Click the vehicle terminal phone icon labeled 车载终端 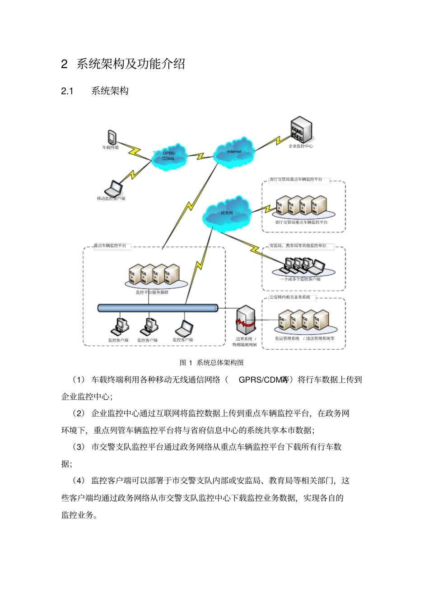(x=112, y=137)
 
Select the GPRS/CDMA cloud (x=168, y=156)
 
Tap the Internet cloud (x=234, y=153)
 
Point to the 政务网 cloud (x=227, y=213)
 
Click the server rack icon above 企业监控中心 (x=301, y=130)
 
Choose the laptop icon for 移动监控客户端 (x=114, y=188)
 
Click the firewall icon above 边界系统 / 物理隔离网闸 (x=246, y=320)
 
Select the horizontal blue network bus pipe (x=158, y=308)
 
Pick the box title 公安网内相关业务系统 (x=290, y=297)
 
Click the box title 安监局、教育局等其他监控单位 (x=298, y=246)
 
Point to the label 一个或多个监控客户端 (x=300, y=279)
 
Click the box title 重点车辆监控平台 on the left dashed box (x=110, y=246)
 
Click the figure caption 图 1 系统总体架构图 (x=211, y=362)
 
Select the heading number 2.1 (x=67, y=91)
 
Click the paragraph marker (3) (x=79, y=447)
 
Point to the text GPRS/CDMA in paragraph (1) (x=263, y=380)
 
